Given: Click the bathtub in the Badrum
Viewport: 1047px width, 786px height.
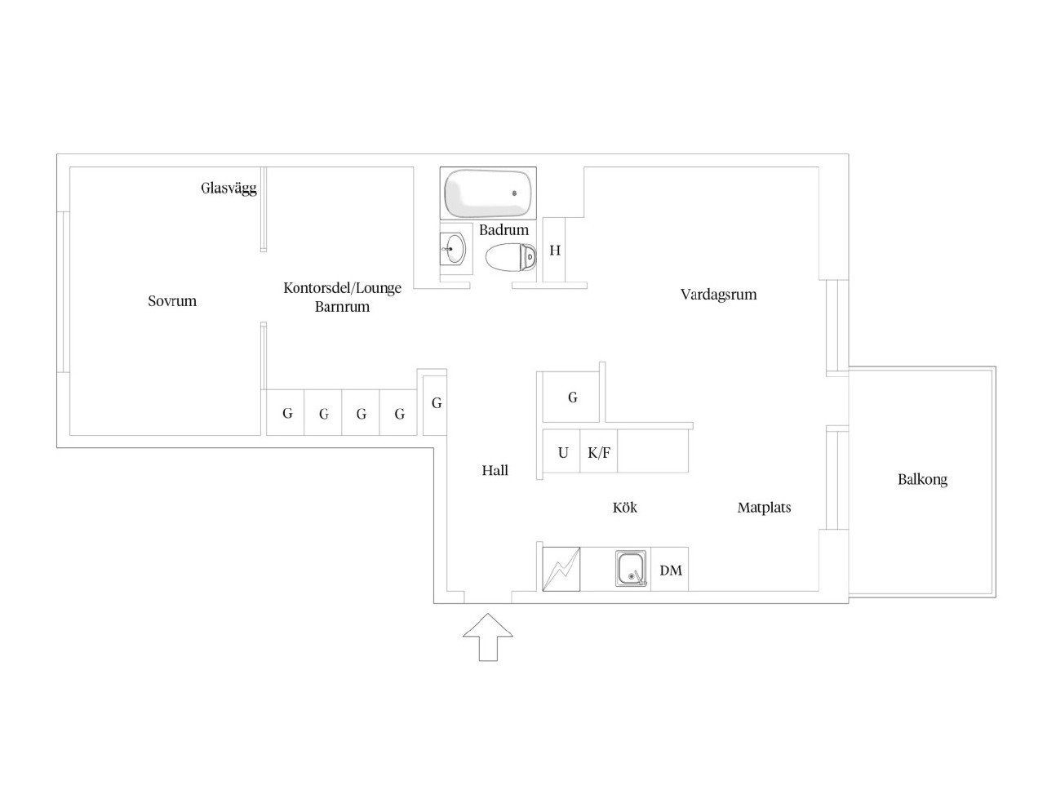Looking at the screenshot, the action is pos(487,193).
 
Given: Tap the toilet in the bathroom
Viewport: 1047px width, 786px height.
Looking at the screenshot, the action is pos(510,257).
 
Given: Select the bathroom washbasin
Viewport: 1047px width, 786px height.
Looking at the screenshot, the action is pos(453,248).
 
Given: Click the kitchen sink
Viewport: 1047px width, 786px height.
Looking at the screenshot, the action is pos(631,568).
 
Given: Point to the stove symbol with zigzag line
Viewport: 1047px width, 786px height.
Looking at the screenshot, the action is pos(561,569).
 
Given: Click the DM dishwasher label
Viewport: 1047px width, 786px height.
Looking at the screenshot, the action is pos(670,571).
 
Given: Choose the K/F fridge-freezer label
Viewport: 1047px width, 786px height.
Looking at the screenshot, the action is pos(599,453).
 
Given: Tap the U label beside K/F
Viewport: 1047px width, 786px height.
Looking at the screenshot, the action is pos(563,453).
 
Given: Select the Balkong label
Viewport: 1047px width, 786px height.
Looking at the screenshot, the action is pos(922,479).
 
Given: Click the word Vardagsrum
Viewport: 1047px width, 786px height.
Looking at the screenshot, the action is pos(718,295).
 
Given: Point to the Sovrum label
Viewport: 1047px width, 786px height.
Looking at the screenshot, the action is pos(171,301).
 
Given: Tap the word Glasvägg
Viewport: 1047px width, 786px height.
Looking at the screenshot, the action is pos(228,189).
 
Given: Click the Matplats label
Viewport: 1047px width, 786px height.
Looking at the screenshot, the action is pos(764,508).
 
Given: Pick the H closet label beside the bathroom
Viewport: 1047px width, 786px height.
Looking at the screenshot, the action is pos(554,251).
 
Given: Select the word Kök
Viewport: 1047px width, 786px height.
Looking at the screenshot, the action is pos(624,507).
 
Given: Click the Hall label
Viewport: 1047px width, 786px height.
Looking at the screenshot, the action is pos(495,471).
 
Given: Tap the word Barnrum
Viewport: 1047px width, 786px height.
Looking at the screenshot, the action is pos(342,307).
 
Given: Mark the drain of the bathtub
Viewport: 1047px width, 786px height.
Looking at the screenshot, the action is pos(514,193).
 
